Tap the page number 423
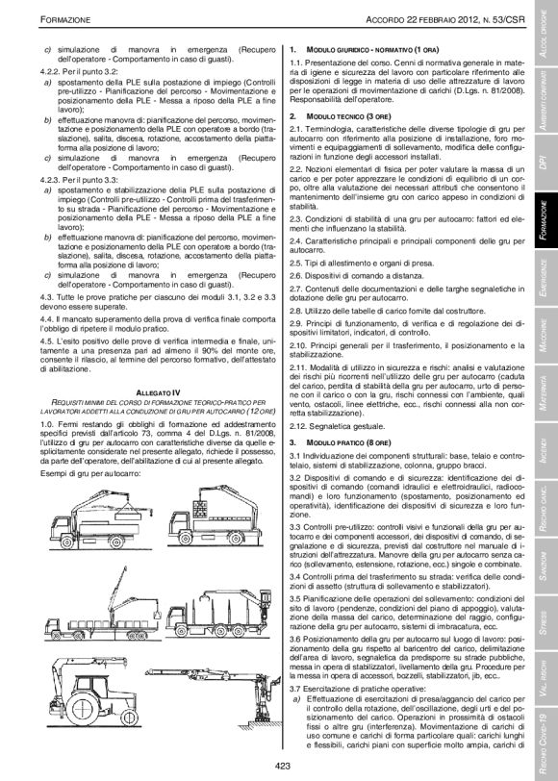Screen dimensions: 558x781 coord(282,765)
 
